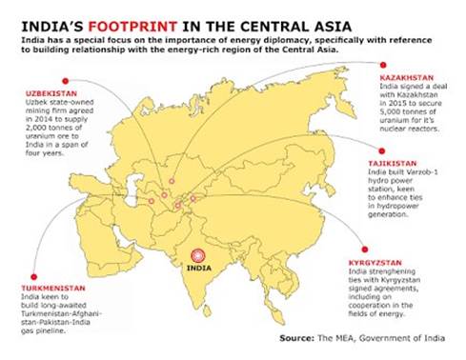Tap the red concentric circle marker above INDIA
point(199,256)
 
